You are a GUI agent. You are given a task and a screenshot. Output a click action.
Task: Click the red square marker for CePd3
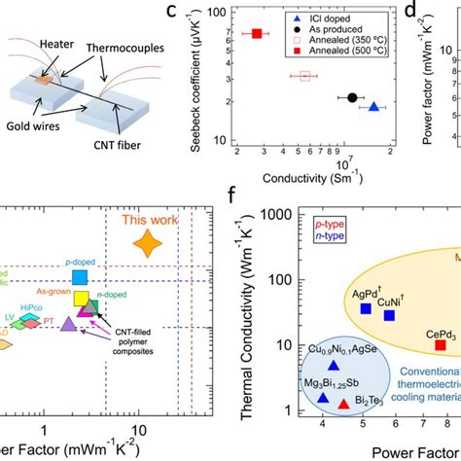(x=440, y=344)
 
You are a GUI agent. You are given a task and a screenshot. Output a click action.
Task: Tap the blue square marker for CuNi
(x=389, y=315)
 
